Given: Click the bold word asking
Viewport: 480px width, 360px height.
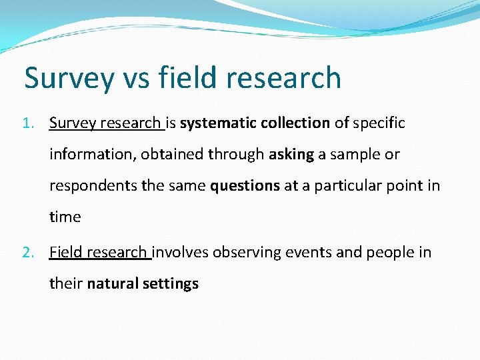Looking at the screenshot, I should click(x=291, y=155).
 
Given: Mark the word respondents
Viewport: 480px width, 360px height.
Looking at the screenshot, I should click(x=93, y=186).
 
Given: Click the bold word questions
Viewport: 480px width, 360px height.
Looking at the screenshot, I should click(x=245, y=186).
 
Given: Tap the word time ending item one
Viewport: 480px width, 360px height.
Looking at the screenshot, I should click(x=65, y=217).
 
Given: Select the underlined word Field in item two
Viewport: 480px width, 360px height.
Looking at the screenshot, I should click(x=65, y=252).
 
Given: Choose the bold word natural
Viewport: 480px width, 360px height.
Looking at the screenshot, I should click(x=112, y=283).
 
